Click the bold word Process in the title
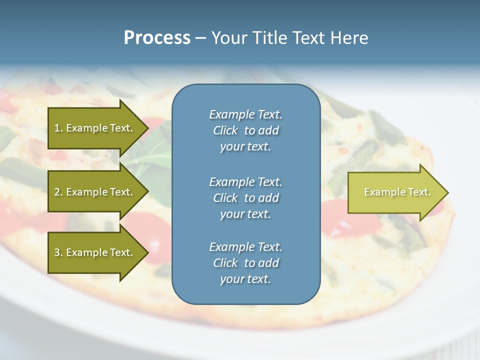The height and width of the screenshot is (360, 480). coord(157,38)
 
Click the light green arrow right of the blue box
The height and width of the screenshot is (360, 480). coord(395,192)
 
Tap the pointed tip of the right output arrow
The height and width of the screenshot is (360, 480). coord(447,192)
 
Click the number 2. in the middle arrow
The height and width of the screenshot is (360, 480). coord(58,192)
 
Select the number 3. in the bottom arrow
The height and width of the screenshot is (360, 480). coord(58,252)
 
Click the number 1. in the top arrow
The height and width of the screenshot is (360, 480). coord(58,128)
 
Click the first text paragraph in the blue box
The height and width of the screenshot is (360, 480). coord(245,130)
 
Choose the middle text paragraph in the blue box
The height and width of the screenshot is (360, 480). coord(245,198)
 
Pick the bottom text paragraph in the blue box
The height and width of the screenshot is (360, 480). coord(245,263)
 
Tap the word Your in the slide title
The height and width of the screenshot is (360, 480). coord(228,38)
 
